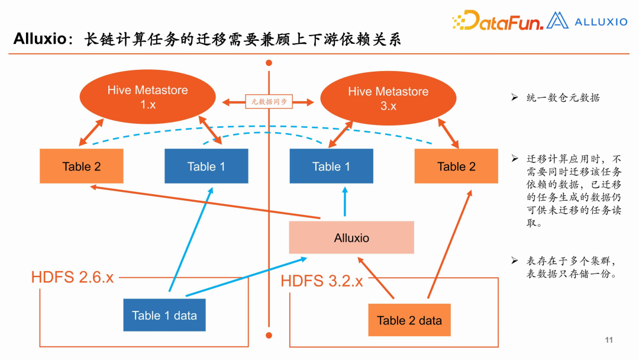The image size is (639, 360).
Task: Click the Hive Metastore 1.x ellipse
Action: pos(147,97)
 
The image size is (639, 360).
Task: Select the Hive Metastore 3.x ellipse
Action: pos(388,98)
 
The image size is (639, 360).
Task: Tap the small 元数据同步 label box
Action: pos(269,102)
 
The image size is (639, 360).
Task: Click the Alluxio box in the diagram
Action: pos(351,237)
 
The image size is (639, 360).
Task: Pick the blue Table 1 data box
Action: pos(164,315)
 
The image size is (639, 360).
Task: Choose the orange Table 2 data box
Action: pos(409,320)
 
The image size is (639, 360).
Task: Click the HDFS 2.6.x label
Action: pos(72,277)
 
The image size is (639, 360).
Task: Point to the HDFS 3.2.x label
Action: pos(322,281)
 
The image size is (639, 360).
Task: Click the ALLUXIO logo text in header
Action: pos(601,22)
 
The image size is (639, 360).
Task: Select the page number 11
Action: pos(609,340)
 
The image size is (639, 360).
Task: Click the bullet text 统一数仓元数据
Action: pos(563,98)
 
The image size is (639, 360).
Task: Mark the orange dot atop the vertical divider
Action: pos(269,62)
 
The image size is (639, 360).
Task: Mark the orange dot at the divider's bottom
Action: pos(269,335)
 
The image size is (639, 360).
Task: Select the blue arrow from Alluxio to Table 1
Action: pos(345,202)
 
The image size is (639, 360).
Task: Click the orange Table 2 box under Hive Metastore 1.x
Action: pos(82,166)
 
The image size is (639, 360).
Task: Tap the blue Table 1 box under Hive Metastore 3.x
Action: pos(331,166)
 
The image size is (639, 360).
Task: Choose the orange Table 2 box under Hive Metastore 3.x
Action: pos(456,166)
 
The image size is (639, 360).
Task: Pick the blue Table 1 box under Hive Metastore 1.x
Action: pos(206,166)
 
